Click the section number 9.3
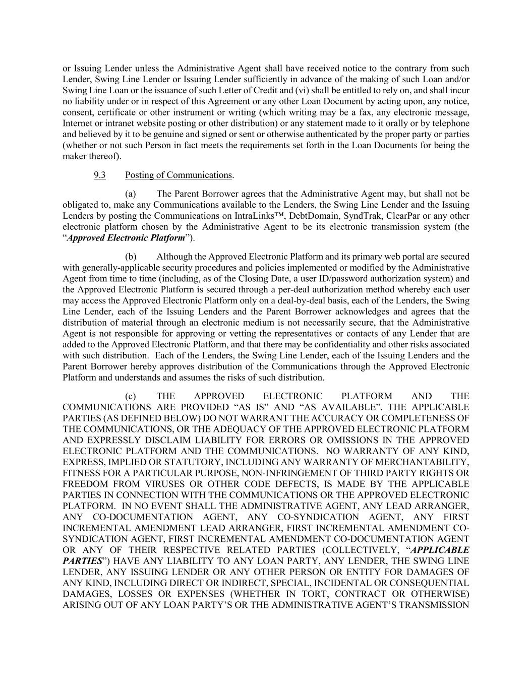[99, 175]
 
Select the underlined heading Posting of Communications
[179, 175]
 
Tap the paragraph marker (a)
[131, 194]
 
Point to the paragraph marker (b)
[131, 257]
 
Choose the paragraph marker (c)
[131, 396]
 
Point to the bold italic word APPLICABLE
[440, 550]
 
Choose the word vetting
[251, 333]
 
